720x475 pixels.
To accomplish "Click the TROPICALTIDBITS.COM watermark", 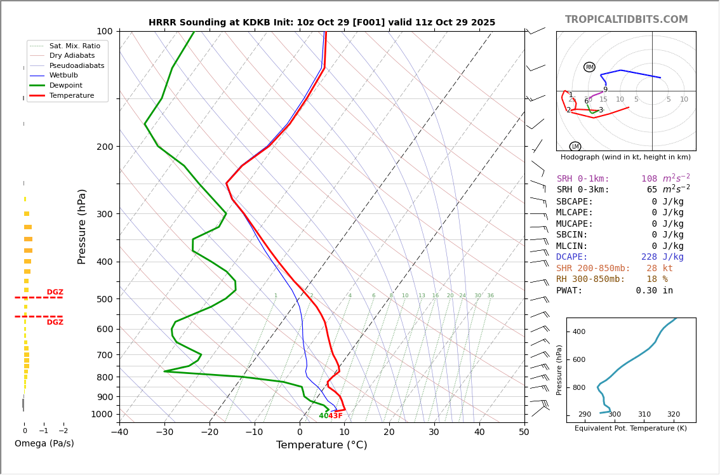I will (x=626, y=20).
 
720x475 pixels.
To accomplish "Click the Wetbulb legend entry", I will (x=63, y=76).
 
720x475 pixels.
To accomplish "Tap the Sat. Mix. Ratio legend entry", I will (x=74, y=46).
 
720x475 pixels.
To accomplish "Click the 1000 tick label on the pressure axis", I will (x=102, y=415).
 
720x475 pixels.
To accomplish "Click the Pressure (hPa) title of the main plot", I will (x=82, y=226).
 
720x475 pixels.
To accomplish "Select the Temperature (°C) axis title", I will (x=321, y=445).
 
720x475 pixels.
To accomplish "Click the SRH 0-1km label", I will (x=583, y=179).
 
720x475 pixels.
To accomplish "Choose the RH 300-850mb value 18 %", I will (x=657, y=279).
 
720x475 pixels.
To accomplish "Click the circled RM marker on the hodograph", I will (x=589, y=67).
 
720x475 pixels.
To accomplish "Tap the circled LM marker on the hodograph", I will (x=575, y=147).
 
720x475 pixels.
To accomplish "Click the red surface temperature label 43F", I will (x=336, y=416).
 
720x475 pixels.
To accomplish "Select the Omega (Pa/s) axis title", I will (x=44, y=444).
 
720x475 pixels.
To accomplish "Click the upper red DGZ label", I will (x=55, y=292).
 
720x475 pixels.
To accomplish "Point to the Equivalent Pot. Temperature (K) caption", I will (x=630, y=429).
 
